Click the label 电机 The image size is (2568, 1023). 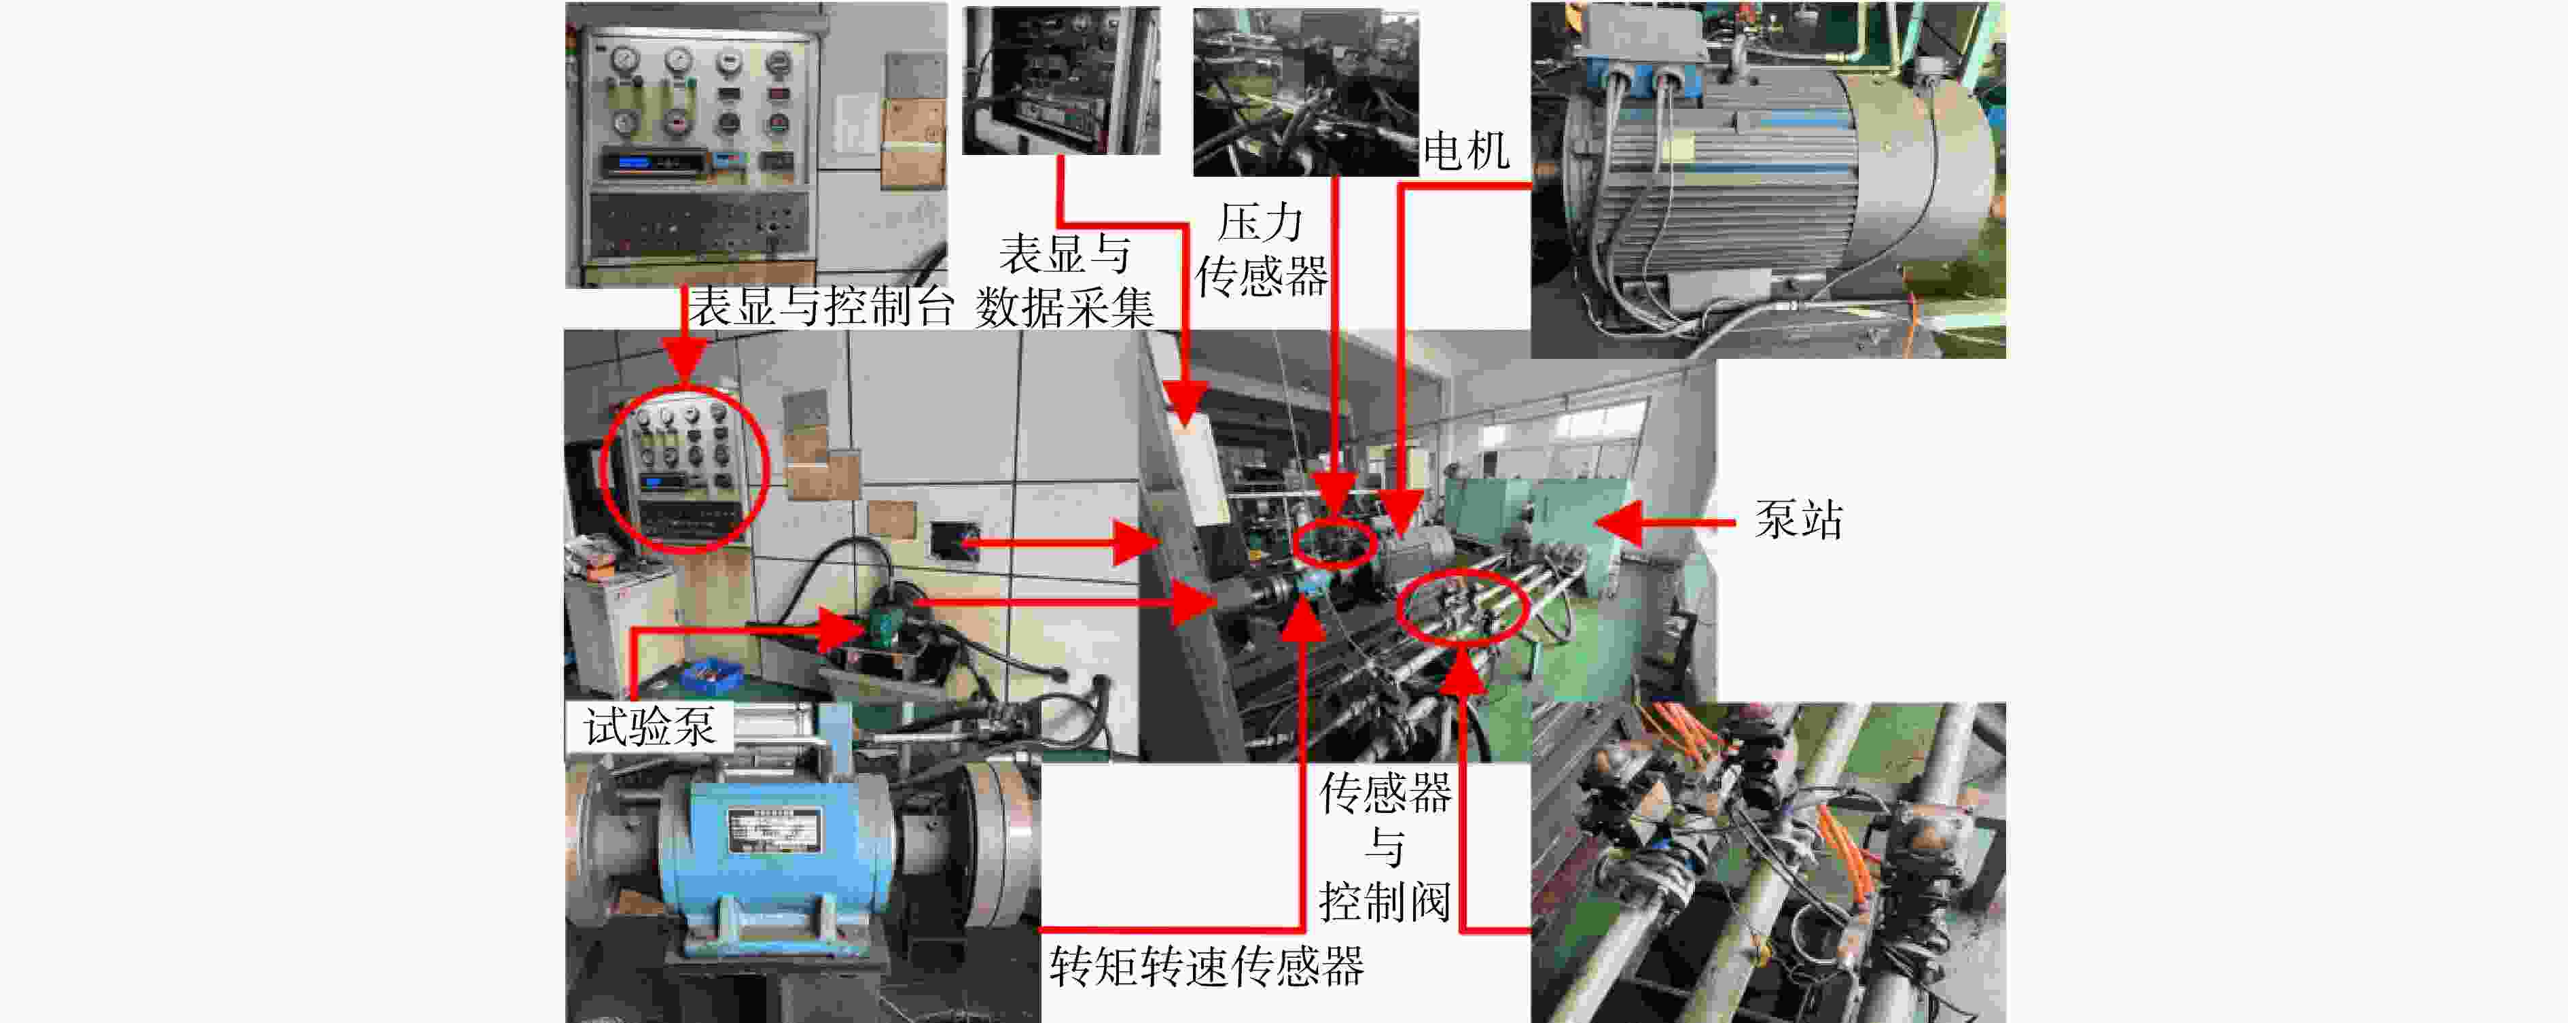tap(1465, 152)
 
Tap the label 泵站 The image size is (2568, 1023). tap(1798, 519)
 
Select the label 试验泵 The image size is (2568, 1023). tap(649, 726)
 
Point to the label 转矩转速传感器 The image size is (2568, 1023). tap(1207, 965)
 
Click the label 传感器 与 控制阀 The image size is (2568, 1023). tap(1385, 848)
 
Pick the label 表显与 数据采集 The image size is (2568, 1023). tap(1065, 281)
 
